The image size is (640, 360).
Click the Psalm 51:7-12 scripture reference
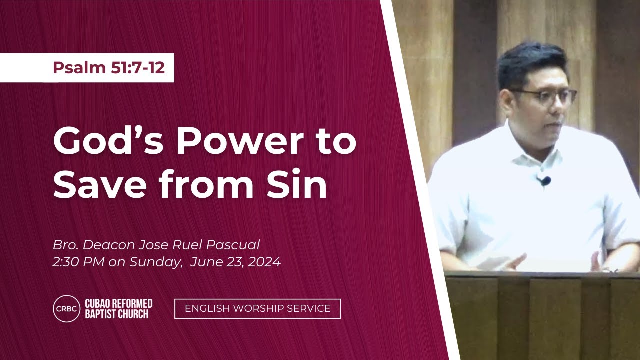[109, 68]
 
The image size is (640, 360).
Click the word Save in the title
[100, 184]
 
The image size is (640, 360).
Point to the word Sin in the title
[297, 183]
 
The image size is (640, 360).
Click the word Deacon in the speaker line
[109, 245]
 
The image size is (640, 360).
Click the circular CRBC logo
[67, 309]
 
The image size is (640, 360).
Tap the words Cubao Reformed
[119, 303]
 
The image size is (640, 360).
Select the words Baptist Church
[117, 314]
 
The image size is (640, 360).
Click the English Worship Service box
[257, 309]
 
